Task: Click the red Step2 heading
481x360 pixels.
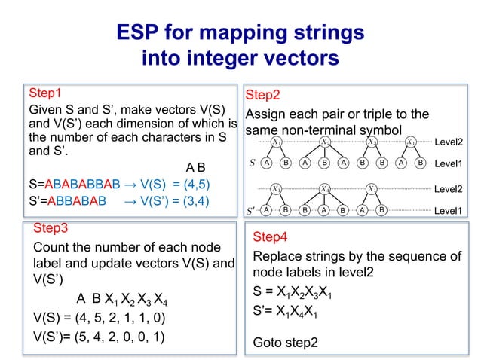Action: (263, 96)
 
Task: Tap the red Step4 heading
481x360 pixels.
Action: (270, 236)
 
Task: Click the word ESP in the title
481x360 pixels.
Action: (142, 32)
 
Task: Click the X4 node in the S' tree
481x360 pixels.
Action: (325, 188)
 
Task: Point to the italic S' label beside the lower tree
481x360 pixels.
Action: (253, 210)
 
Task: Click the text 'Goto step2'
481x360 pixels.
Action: (285, 343)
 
